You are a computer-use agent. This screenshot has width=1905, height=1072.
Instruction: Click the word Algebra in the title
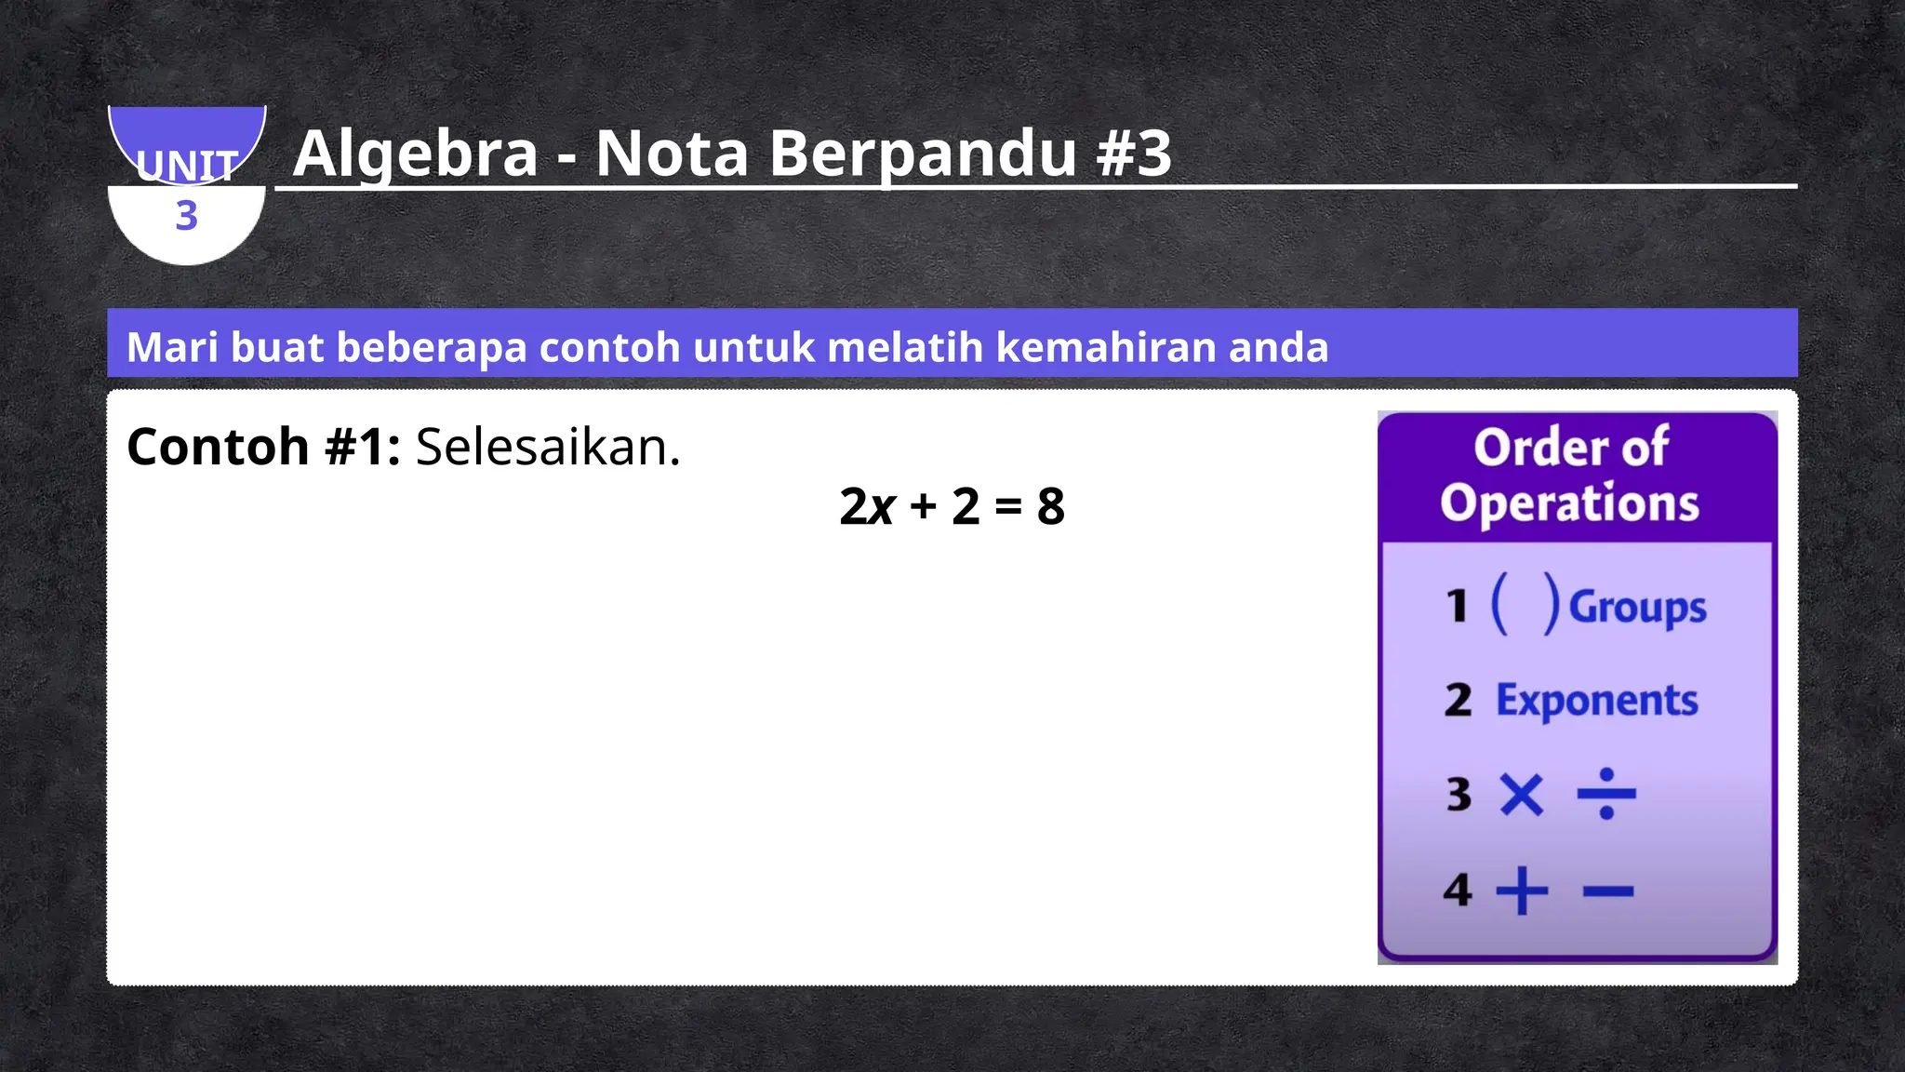(x=415, y=154)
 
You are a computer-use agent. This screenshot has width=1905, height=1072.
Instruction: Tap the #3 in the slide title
(x=1134, y=154)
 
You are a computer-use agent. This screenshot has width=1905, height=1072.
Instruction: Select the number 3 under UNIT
(x=187, y=216)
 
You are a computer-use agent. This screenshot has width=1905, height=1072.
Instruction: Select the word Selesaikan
(x=548, y=447)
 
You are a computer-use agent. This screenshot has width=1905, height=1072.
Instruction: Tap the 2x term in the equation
(x=866, y=506)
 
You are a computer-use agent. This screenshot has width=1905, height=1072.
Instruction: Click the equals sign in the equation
(x=1008, y=507)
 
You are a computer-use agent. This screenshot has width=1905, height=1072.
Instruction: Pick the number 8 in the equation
(x=1051, y=506)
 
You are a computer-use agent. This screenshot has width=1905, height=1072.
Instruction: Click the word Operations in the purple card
(x=1570, y=502)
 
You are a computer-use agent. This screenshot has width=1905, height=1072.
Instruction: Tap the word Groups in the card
(x=1637, y=608)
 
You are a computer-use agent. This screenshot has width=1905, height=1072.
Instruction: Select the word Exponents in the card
(x=1596, y=701)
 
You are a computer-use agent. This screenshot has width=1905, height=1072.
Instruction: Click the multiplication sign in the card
(x=1522, y=795)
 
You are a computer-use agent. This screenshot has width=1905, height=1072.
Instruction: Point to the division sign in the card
(x=1606, y=794)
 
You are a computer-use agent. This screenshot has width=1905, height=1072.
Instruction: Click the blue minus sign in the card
(x=1607, y=891)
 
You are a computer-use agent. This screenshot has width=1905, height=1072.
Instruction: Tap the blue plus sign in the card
(x=1522, y=891)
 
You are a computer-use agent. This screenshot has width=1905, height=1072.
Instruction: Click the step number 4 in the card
(x=1458, y=891)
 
